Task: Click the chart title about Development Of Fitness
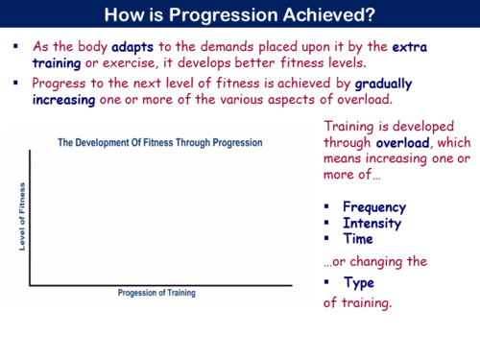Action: pyautogui.click(x=160, y=143)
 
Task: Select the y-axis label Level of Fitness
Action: pyautogui.click(x=21, y=216)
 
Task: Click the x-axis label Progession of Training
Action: pyautogui.click(x=162, y=293)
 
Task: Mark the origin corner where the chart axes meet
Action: pyautogui.click(x=31, y=285)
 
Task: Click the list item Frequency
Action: pyautogui.click(x=373, y=206)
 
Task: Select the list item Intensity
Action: pyautogui.click(x=372, y=223)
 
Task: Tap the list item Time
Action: pyautogui.click(x=358, y=238)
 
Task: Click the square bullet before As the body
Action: pyautogui.click(x=16, y=45)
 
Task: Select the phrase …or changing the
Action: pyautogui.click(x=375, y=260)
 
